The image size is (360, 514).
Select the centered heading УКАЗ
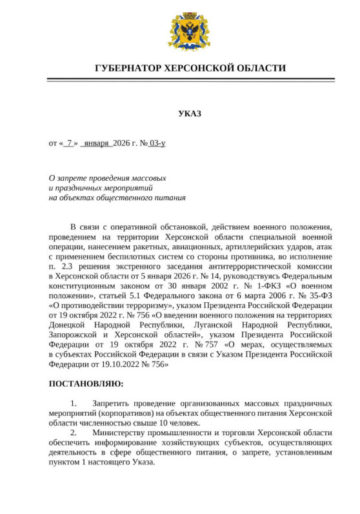coord(190,114)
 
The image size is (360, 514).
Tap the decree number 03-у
coord(157,143)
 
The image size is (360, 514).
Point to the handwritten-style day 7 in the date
coord(69,143)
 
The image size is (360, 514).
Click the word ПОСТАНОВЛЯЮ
coord(86,384)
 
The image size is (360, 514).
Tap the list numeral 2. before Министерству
coord(74,432)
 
